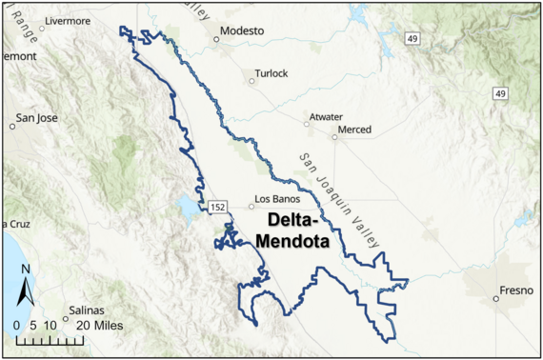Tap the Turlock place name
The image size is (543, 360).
pos(271,73)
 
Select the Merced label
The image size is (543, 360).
pos(355,130)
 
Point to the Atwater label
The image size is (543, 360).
pos(325,117)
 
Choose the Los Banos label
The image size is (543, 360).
pos(277,199)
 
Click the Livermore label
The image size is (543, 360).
pos(66,19)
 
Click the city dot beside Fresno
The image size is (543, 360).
pos(496,298)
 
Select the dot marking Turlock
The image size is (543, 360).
pos(252,81)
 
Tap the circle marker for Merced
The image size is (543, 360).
pos(334,136)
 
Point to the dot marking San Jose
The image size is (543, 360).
pos(13,125)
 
